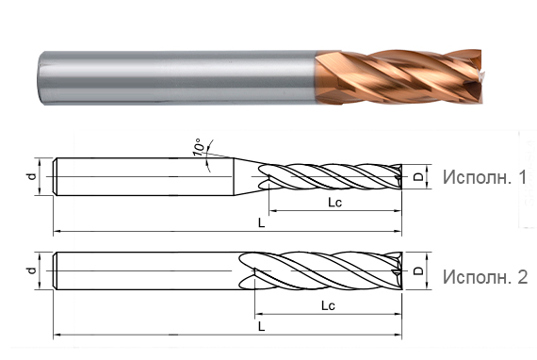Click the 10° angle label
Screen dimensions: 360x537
tap(199, 148)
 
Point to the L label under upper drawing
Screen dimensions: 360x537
tap(261, 221)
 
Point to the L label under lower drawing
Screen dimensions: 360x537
tap(261, 326)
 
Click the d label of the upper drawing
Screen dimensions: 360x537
tap(31, 175)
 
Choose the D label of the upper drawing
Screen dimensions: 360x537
tap(417, 176)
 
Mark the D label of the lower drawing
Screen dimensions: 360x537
tap(417, 271)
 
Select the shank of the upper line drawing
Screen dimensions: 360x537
tap(141, 176)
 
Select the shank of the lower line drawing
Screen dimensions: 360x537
tap(141, 271)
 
